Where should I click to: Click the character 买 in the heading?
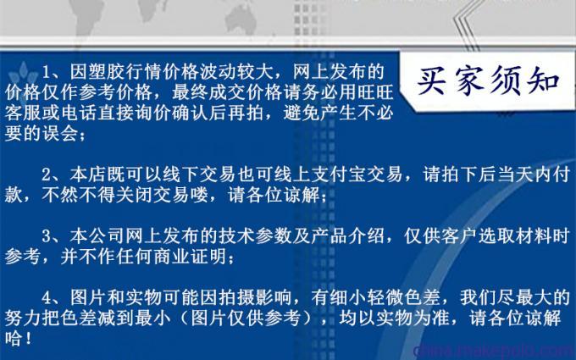[432, 81]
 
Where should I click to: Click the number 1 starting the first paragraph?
[47, 72]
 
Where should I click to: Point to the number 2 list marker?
[47, 174]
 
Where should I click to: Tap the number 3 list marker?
[47, 235]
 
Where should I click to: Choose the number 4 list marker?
[47, 297]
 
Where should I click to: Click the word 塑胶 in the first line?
[97, 72]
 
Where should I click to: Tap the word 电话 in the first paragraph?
[79, 114]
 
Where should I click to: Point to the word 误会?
[60, 134]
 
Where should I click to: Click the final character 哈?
[14, 339]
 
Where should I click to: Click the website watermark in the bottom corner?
[494, 351]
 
